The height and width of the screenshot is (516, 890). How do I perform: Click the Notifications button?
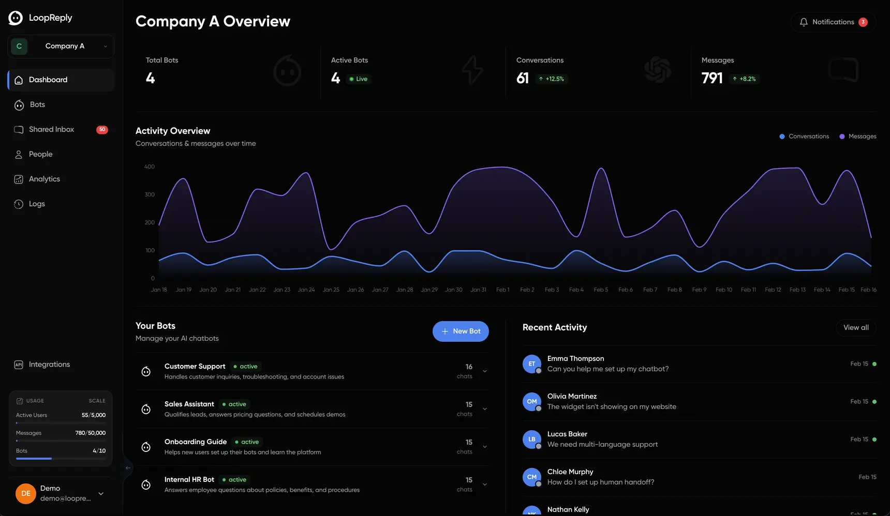click(x=833, y=22)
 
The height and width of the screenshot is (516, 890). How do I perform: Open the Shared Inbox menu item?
click(x=51, y=129)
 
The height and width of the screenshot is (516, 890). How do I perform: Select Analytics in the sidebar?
click(x=44, y=179)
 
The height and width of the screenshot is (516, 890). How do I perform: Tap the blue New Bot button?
click(x=461, y=331)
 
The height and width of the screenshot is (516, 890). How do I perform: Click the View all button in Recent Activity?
click(x=855, y=328)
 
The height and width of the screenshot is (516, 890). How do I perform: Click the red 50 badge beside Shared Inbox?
click(x=102, y=130)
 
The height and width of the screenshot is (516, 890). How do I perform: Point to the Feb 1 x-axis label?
click(x=502, y=290)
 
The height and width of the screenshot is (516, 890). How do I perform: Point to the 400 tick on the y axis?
click(x=149, y=167)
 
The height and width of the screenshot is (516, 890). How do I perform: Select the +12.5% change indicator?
click(x=552, y=79)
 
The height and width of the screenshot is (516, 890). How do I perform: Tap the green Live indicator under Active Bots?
click(x=358, y=79)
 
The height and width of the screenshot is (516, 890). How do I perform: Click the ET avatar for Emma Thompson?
click(x=531, y=364)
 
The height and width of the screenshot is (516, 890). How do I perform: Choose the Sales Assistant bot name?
click(x=189, y=404)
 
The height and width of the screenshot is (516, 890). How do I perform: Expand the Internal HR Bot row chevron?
click(x=485, y=484)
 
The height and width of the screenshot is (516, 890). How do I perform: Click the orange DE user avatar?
click(x=26, y=494)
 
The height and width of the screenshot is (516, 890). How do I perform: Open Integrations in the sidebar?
click(x=49, y=365)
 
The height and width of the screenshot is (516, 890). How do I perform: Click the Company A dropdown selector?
click(x=61, y=47)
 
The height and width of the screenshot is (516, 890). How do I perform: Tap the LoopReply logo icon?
click(x=16, y=18)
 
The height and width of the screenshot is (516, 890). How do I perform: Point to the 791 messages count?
click(x=711, y=79)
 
